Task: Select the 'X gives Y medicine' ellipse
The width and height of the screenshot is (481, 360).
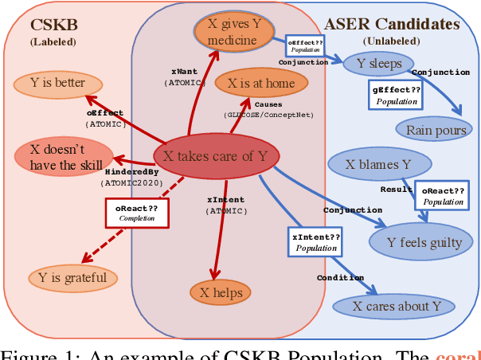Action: click(x=233, y=32)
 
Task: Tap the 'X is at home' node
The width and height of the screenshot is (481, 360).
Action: click(x=260, y=83)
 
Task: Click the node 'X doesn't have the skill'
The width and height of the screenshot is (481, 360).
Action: click(x=63, y=155)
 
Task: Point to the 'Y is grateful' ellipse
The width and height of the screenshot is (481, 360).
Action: click(x=72, y=278)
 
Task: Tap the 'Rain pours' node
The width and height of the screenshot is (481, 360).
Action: click(x=436, y=130)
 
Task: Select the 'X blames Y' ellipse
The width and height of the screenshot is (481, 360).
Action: click(x=380, y=164)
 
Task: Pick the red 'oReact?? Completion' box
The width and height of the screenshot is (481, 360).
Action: click(x=136, y=212)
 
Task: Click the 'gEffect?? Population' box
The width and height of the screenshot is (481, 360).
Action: click(x=396, y=96)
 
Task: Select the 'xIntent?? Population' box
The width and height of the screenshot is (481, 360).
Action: click(x=316, y=242)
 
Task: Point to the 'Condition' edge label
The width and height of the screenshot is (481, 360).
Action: click(x=340, y=278)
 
